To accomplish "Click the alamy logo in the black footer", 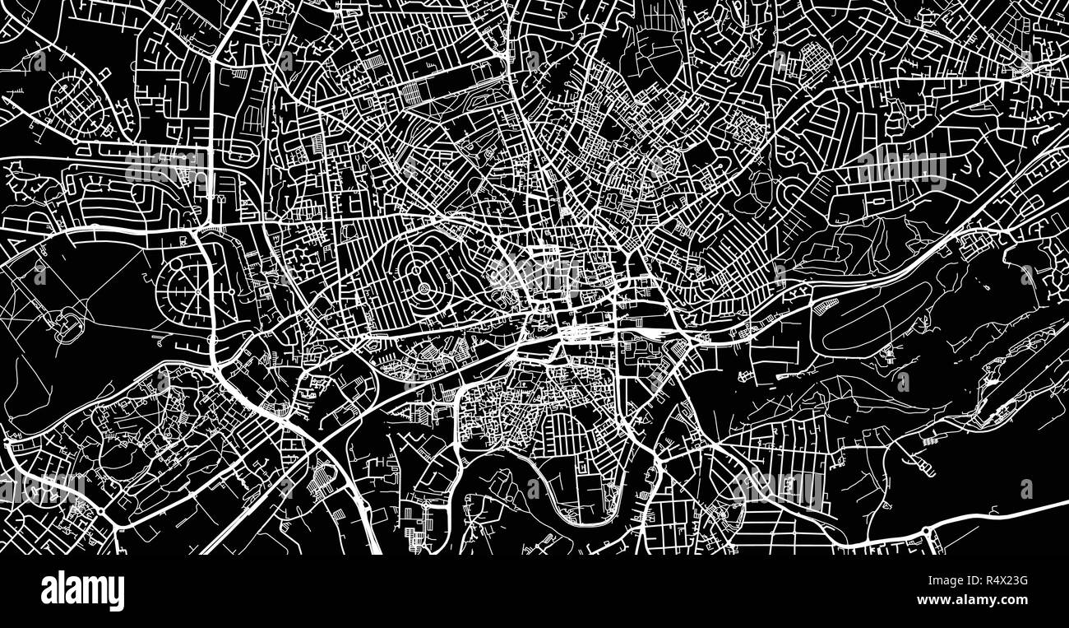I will pyautogui.click(x=82, y=591).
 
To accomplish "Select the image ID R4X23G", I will pyautogui.click(x=998, y=582).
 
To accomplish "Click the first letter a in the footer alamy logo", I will pyautogui.click(x=49, y=591).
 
